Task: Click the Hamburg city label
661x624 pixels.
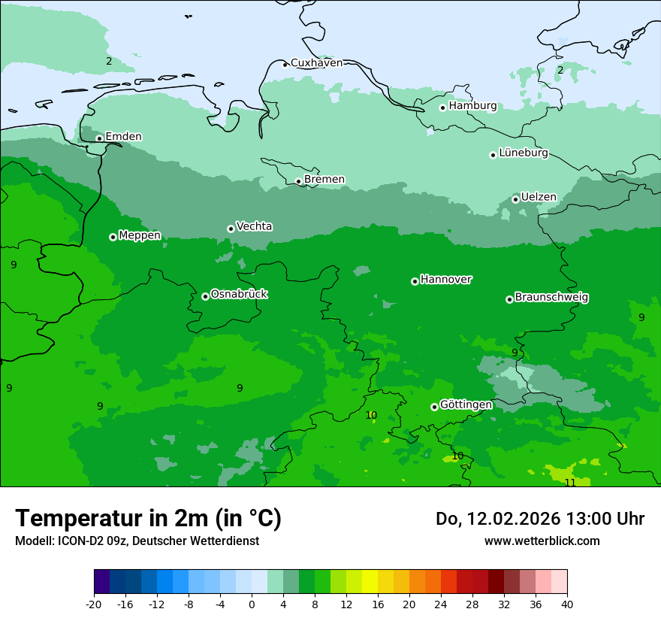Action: (x=472, y=106)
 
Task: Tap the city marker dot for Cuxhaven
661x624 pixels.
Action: (x=285, y=65)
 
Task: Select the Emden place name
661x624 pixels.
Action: (x=123, y=136)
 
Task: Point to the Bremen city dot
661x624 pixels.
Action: (x=298, y=181)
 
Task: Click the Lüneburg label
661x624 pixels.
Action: (x=523, y=153)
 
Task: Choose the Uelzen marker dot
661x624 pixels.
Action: (x=515, y=199)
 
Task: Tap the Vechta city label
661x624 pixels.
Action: (x=254, y=226)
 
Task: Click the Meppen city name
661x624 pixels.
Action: (x=140, y=235)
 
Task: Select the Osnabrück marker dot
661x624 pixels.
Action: (x=205, y=296)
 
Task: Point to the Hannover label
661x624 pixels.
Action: (x=445, y=279)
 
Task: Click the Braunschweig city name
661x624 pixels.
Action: (x=551, y=297)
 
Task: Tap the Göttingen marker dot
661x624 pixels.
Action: (x=434, y=407)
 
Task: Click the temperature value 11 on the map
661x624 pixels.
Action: (x=570, y=482)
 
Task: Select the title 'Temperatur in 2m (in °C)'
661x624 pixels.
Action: (x=148, y=518)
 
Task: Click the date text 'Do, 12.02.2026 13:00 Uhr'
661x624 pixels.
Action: (x=539, y=519)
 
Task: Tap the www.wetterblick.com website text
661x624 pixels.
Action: (x=542, y=541)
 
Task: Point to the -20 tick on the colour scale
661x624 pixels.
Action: (x=94, y=604)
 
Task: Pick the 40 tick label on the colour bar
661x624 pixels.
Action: (x=566, y=604)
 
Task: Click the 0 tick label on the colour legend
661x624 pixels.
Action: (x=252, y=604)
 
